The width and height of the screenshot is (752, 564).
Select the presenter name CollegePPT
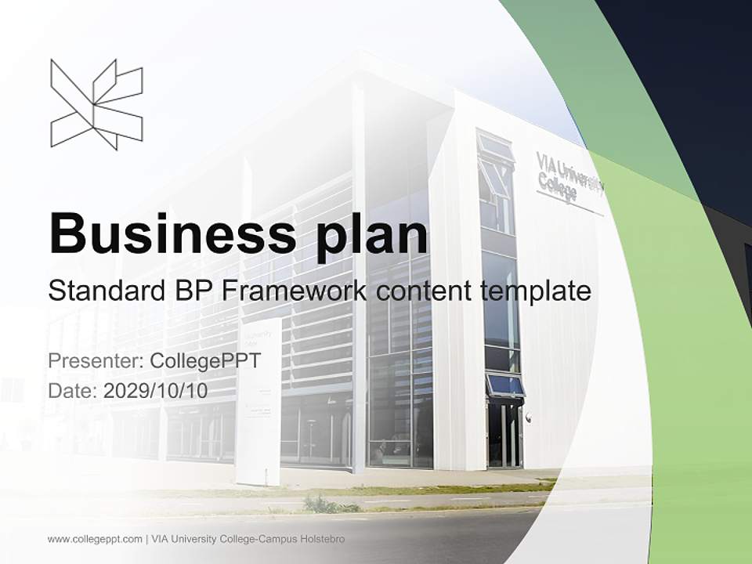(x=204, y=361)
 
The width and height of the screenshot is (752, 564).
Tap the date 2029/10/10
(x=156, y=390)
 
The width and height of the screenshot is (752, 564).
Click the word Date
(x=72, y=390)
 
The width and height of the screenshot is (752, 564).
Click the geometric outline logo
(x=96, y=104)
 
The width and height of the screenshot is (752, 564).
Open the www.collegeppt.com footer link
(x=94, y=539)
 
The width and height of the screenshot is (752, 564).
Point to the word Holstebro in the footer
(x=321, y=539)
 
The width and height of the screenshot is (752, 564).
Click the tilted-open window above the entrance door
(x=505, y=385)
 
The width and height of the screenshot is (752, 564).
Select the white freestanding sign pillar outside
(x=258, y=399)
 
